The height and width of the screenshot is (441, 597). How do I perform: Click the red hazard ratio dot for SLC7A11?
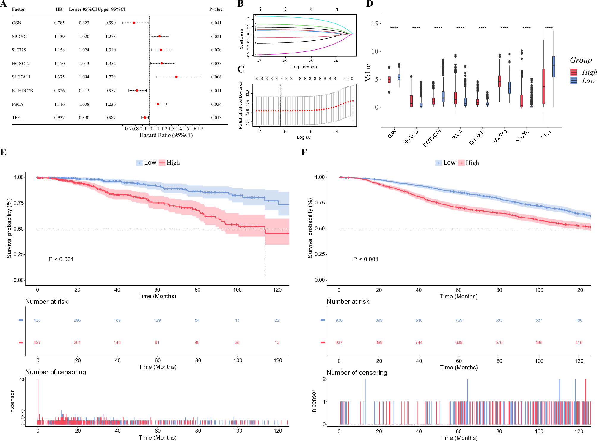click(177, 77)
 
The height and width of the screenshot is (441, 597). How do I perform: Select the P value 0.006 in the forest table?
click(216, 77)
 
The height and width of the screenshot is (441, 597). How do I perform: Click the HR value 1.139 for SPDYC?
click(59, 37)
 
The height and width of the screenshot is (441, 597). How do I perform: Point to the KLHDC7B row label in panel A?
click(22, 91)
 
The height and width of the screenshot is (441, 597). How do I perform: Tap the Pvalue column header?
click(216, 9)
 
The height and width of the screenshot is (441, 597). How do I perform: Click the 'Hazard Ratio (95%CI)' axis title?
click(166, 135)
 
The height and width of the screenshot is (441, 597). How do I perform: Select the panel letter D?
click(370, 4)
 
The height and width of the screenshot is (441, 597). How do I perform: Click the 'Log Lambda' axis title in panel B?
click(304, 67)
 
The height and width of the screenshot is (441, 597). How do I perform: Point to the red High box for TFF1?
click(544, 86)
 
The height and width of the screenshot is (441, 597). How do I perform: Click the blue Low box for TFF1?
click(554, 67)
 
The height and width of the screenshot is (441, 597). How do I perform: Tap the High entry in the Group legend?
click(589, 72)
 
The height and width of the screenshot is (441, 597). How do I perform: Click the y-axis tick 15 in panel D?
click(375, 24)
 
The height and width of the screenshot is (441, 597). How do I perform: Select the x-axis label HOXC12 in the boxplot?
click(411, 137)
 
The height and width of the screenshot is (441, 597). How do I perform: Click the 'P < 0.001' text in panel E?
click(61, 259)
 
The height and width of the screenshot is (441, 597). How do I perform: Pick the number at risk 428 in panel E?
click(37, 320)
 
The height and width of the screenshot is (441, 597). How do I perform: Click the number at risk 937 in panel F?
click(339, 342)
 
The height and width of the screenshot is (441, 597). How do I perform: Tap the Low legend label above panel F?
click(449, 163)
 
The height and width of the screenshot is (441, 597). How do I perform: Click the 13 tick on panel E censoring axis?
click(22, 379)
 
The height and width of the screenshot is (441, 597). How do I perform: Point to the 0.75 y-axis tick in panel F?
click(320, 203)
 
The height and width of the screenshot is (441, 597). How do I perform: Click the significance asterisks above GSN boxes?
click(394, 28)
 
